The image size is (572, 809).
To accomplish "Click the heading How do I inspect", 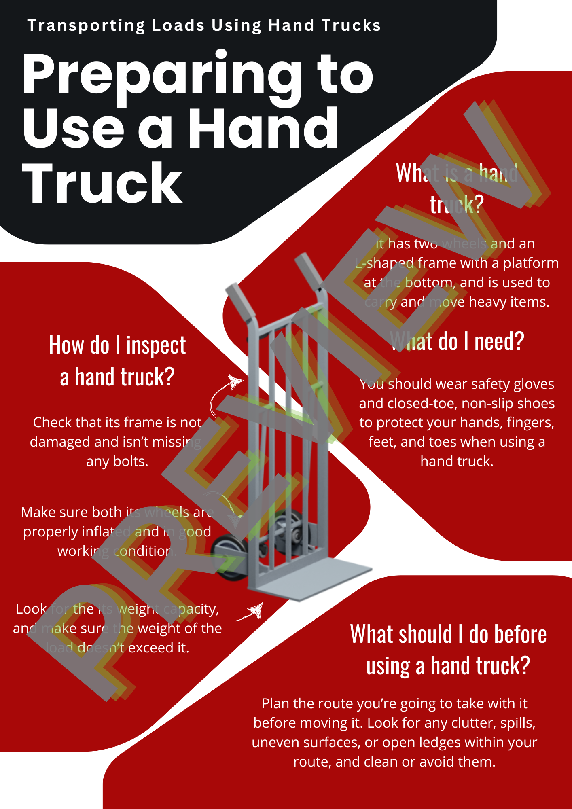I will click(x=117, y=345).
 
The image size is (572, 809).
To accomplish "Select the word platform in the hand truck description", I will click(x=531, y=263).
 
